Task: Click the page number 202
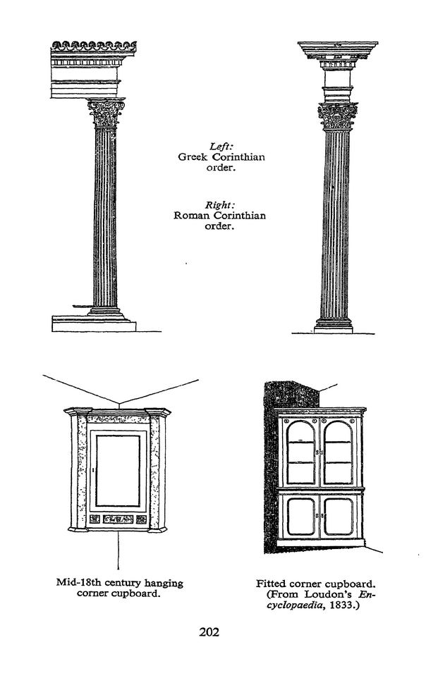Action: pos(209,632)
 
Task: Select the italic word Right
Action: pos(219,204)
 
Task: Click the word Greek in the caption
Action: pos(193,157)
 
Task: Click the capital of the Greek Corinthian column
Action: pos(106,113)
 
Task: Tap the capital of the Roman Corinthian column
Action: pos(338,116)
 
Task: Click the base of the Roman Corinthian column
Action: pos(334,325)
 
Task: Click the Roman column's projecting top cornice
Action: pos(338,50)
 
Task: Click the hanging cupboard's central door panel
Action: pos(118,471)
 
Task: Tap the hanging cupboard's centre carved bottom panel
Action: pos(118,519)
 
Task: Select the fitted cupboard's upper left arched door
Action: pos(300,452)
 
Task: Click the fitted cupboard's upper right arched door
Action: pos(338,452)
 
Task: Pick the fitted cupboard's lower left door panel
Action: pos(300,517)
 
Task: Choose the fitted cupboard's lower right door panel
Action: pos(338,517)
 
